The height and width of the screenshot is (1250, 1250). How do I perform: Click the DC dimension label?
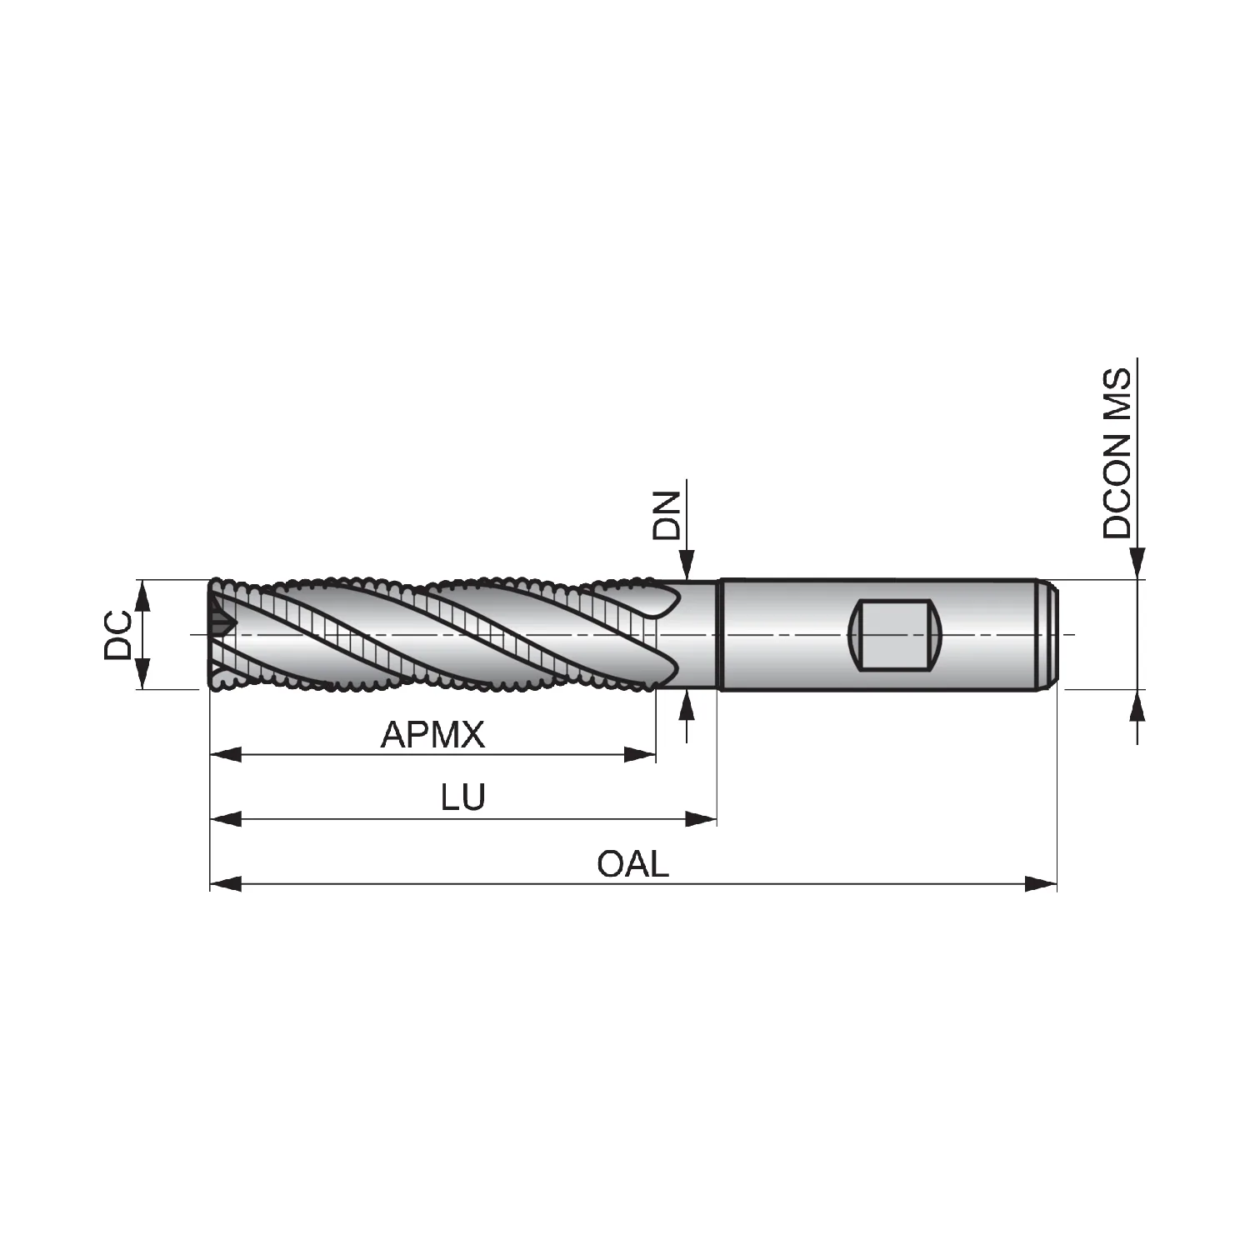(x=117, y=635)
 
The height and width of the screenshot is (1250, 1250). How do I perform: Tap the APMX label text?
(x=432, y=735)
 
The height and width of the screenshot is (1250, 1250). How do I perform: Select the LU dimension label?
(x=463, y=798)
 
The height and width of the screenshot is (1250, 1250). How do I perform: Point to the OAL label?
(x=632, y=864)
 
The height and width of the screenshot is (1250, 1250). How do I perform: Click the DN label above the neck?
(x=667, y=517)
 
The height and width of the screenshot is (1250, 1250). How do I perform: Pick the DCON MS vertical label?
(x=1117, y=454)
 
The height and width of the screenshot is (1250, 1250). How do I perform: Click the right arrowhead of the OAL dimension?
(x=1041, y=883)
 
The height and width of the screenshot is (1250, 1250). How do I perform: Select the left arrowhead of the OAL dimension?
(x=226, y=883)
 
